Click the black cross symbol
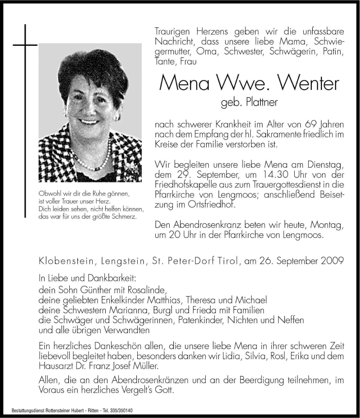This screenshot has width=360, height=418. click(x=24, y=45)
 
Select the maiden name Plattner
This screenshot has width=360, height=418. click(x=261, y=103)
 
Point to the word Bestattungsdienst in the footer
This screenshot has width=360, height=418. click(x=27, y=411)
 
